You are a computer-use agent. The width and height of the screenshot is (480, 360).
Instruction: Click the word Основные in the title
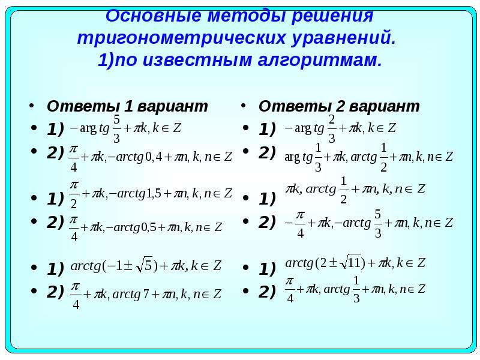153,16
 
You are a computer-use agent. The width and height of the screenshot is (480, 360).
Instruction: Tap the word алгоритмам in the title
320,60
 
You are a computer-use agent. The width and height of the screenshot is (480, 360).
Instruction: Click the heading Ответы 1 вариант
127,106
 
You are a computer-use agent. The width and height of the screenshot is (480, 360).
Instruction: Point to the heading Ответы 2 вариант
339,106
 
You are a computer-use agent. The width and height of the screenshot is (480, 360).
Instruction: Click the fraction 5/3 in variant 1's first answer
116,129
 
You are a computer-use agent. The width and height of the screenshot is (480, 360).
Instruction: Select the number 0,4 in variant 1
154,157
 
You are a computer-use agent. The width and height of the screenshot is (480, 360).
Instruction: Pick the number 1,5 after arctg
153,193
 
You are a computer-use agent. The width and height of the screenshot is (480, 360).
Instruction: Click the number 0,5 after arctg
148,227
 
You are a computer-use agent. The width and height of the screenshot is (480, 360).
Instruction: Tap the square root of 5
144,265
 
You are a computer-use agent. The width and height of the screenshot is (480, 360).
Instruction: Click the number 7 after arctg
146,294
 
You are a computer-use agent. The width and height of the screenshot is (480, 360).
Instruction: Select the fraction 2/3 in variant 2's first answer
332,129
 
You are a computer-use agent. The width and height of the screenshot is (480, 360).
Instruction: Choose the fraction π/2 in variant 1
74,194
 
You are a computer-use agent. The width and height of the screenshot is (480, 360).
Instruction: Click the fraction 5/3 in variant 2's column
378,224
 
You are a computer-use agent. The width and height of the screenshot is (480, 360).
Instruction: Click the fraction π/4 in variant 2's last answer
290,290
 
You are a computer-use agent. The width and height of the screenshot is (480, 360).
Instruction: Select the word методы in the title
246,16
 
